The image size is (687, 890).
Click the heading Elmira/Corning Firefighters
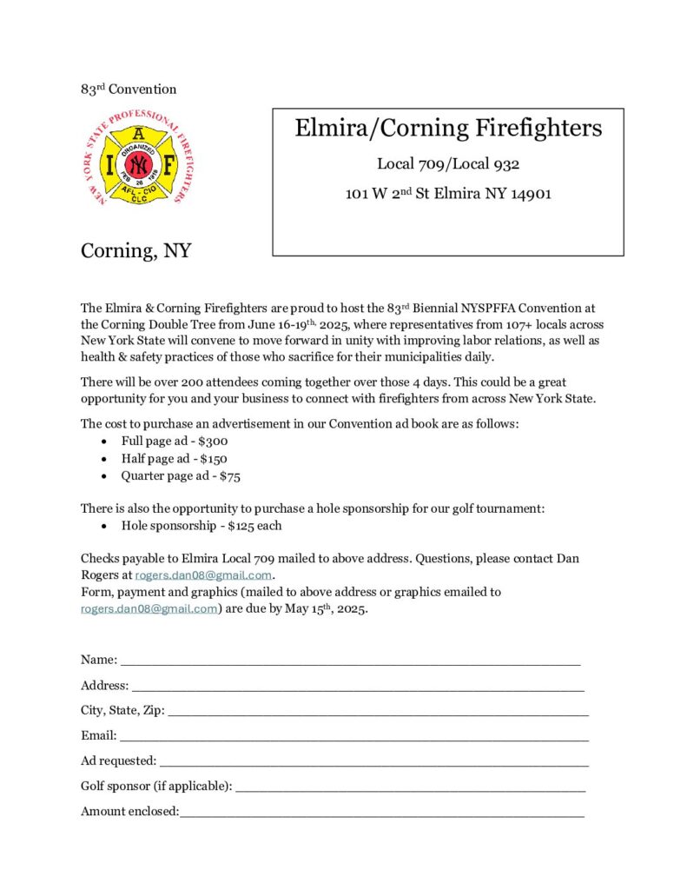[x=448, y=129]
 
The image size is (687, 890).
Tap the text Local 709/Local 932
[x=448, y=163]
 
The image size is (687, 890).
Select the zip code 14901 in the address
[x=531, y=194]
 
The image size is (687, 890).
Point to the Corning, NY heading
[x=135, y=251]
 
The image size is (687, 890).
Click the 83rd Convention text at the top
[x=129, y=89]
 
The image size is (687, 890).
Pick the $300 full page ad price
[x=214, y=442]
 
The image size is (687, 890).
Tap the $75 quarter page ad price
[x=229, y=476]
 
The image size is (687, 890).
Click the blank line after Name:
[x=350, y=662]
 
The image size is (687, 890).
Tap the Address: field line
[x=357, y=687]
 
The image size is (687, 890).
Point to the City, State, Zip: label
[x=122, y=710]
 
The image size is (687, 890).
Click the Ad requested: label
[x=118, y=760]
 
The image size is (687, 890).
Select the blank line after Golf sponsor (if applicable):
[x=410, y=788]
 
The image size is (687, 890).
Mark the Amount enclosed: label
[x=129, y=812]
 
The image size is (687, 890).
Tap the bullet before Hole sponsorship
[x=104, y=526]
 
